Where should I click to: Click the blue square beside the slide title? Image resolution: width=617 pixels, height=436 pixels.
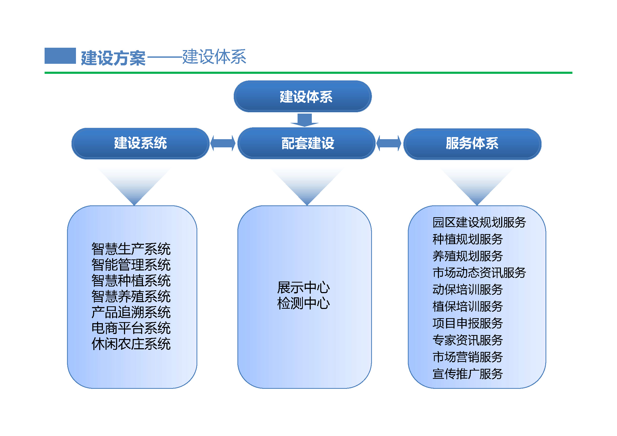60,56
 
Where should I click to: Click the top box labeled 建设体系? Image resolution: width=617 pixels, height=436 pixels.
303,96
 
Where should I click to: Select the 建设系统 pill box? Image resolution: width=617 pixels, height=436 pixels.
140,143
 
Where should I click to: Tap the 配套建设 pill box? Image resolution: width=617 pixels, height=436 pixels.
307,143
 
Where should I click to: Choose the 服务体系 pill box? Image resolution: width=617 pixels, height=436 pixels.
472,144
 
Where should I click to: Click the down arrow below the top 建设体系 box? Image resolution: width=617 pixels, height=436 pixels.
304,120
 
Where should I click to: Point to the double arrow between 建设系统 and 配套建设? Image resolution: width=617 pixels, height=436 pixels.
223,143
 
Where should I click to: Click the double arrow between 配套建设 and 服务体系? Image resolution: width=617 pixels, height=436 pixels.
389,143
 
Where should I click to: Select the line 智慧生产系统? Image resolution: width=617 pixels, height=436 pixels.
131,249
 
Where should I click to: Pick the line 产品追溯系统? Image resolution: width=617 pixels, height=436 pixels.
131,312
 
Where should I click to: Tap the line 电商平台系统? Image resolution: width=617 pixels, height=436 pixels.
131,328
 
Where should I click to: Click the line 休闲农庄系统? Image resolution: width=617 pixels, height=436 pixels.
131,344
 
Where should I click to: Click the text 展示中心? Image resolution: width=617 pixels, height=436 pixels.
303,288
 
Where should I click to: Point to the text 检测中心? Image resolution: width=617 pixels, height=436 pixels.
303,303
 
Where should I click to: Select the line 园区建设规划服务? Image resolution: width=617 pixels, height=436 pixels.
479,222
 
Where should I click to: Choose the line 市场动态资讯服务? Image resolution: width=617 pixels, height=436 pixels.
479,273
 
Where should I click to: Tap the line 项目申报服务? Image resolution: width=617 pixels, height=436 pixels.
468,323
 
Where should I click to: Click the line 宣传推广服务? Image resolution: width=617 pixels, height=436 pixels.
468,374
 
